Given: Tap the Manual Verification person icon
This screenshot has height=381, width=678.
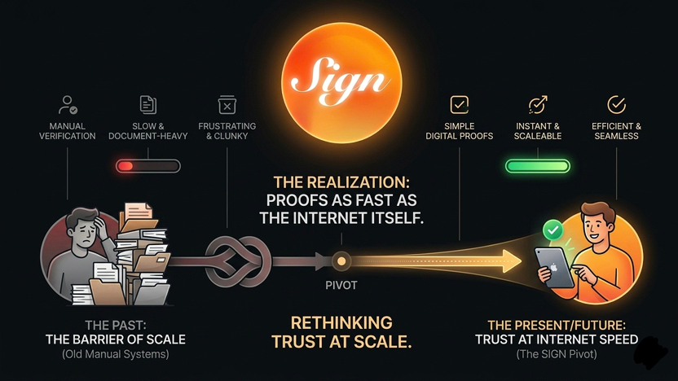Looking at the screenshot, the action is click(x=68, y=105).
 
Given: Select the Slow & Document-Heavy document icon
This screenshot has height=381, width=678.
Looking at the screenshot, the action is click(x=148, y=104).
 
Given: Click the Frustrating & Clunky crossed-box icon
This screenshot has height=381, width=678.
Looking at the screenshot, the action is click(x=227, y=104).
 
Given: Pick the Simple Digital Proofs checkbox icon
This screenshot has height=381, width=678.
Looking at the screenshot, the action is click(x=460, y=104).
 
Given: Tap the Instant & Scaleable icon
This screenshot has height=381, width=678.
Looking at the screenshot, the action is click(x=538, y=104).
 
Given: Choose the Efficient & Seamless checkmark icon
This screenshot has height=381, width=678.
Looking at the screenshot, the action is click(x=617, y=104).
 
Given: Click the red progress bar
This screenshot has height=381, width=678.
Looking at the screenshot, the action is click(x=147, y=166).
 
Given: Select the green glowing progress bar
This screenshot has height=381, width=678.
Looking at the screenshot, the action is click(x=537, y=166).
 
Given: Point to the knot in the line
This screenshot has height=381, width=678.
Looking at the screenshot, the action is click(x=236, y=261).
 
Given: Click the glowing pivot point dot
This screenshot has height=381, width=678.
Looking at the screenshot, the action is click(x=342, y=261).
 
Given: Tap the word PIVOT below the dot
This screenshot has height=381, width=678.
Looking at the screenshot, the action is click(x=342, y=286).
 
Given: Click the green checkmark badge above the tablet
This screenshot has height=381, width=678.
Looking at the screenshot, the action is click(x=553, y=231).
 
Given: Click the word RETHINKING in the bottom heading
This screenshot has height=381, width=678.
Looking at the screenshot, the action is click(x=341, y=322).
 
